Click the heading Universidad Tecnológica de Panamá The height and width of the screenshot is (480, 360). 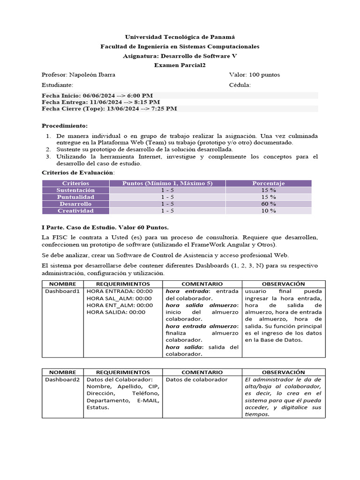[x=180, y=37]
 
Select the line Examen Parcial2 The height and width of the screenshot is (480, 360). [x=180, y=65]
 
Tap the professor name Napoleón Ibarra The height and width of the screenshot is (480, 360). [x=92, y=75]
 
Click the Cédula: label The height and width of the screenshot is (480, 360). [x=240, y=85]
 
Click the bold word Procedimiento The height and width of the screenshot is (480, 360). [x=64, y=126]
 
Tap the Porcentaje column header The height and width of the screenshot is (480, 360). [x=268, y=183]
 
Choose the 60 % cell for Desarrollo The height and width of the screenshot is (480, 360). [x=268, y=204]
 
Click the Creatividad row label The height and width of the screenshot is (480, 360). [x=75, y=211]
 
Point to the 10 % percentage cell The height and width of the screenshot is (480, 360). [x=268, y=211]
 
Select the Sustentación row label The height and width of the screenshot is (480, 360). [x=75, y=190]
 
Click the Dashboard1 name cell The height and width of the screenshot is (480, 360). [x=65, y=291]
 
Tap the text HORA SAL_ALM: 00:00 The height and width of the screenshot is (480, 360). [x=120, y=298]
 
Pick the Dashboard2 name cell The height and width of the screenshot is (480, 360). [x=65, y=380]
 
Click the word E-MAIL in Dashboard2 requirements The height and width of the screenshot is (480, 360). [x=148, y=401]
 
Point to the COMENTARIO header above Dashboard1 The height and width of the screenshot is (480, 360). [x=202, y=284]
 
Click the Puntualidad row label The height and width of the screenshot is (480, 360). [x=75, y=197]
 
